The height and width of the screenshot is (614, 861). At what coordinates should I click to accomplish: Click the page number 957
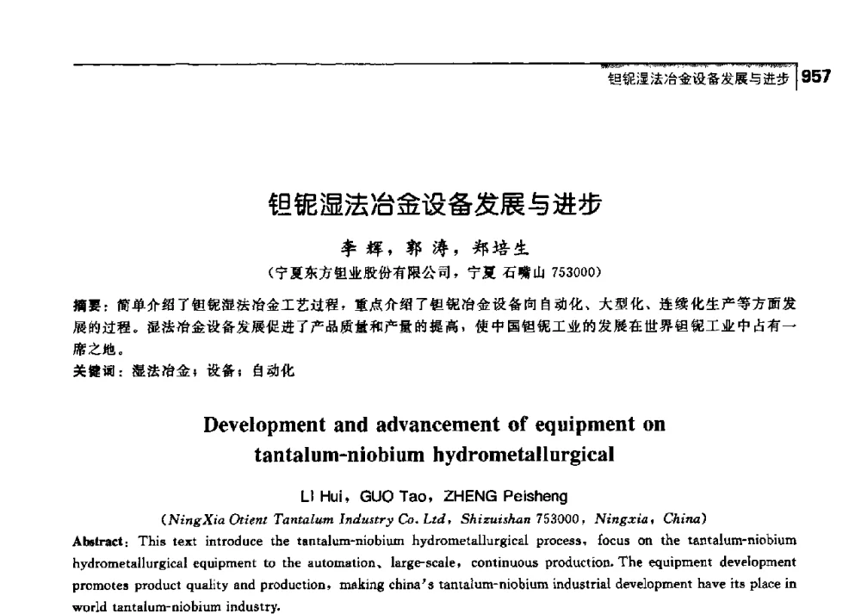(816, 78)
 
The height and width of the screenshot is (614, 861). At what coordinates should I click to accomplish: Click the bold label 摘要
(88, 305)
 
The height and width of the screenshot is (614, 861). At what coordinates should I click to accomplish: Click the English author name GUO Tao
(398, 496)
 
